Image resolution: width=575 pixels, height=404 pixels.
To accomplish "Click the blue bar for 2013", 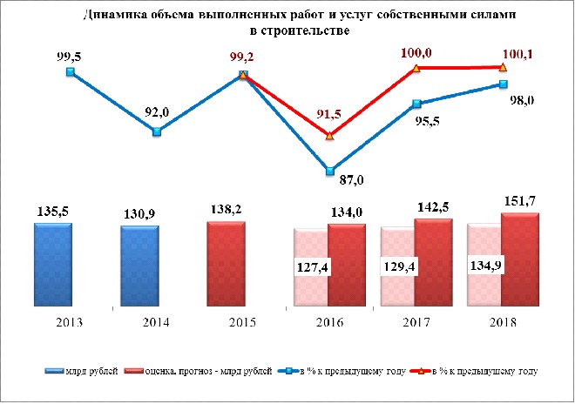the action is [53, 265].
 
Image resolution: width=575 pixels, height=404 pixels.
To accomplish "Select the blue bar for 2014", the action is [140, 266].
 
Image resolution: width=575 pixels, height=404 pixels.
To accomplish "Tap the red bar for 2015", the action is [227, 264].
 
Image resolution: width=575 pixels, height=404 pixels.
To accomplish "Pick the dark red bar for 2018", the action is [520, 259].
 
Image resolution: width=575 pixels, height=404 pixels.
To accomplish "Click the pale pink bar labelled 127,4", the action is [311, 267].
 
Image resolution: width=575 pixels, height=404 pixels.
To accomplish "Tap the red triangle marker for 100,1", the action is [504, 67].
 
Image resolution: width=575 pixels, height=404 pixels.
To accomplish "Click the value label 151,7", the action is [520, 201].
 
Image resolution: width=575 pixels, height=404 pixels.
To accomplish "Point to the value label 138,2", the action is [226, 209].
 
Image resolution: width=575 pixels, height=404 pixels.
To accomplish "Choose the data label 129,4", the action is [399, 266].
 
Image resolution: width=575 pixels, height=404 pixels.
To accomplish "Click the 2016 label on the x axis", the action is [329, 322].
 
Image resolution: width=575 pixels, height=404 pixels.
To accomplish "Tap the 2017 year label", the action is [416, 322].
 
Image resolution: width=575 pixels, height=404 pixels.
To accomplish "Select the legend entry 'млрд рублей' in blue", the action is [81, 371].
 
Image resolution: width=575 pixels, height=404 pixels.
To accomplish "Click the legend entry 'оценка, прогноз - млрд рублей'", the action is [199, 371].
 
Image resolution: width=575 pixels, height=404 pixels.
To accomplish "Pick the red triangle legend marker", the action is [421, 371].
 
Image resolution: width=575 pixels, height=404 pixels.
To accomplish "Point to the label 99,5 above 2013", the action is [69, 57].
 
